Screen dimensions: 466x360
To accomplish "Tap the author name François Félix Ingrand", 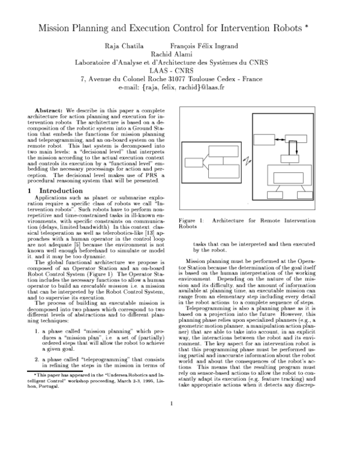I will coord(204,46).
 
